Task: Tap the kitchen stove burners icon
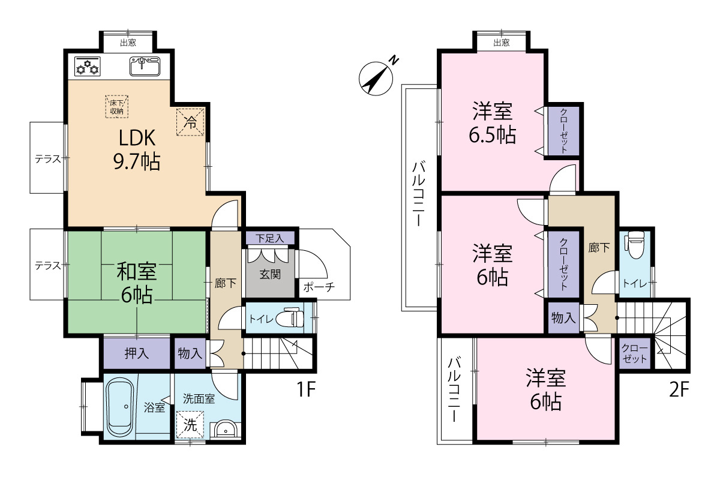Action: tap(88, 66)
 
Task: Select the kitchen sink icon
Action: tap(145, 66)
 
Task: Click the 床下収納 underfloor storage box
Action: tap(116, 106)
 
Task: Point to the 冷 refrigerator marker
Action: tap(190, 123)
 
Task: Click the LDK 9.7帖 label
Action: tap(138, 150)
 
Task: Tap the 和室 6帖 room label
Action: tap(137, 283)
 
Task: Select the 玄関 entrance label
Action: tap(269, 274)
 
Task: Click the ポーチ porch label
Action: tap(318, 287)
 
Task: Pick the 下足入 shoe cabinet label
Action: tap(269, 238)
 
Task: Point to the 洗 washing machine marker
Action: tap(190, 425)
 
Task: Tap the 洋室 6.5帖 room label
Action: tap(492, 123)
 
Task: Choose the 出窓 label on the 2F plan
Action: tap(501, 43)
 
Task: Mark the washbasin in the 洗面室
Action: tap(225, 430)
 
